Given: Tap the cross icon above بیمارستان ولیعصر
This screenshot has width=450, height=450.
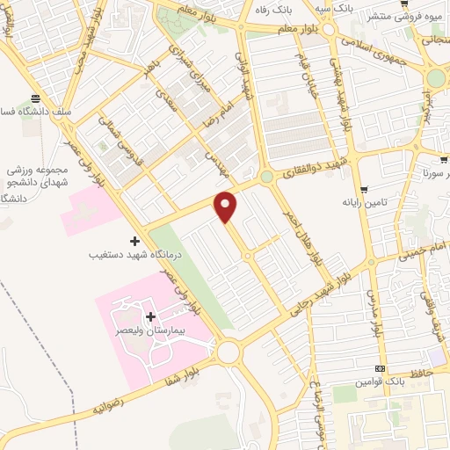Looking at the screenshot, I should click(149, 316).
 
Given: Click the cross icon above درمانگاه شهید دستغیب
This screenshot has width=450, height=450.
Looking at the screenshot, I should click(134, 240).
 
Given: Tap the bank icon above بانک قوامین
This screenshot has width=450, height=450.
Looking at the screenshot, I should click(380, 369).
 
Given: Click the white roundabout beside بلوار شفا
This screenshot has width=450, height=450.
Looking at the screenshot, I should click(229, 352).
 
